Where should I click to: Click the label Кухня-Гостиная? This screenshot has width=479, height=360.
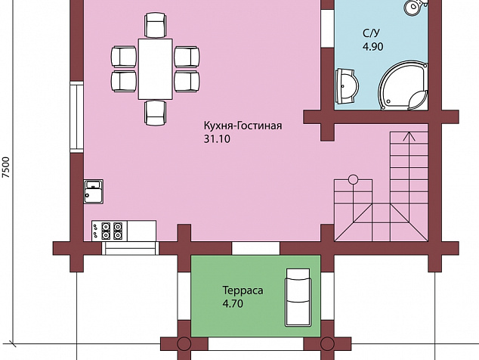tap(243, 126)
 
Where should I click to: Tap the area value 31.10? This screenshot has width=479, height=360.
tap(217, 139)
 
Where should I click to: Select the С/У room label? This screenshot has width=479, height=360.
tap(372, 33)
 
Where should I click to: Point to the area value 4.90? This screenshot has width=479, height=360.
tap(372, 47)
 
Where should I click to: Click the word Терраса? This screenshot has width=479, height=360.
tap(243, 290)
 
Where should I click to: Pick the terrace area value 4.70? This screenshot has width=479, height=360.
tap(233, 304)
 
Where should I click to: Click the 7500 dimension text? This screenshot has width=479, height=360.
tap(6, 167)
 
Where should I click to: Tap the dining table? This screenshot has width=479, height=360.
tap(156, 69)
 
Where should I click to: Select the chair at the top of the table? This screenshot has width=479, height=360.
tap(156, 25)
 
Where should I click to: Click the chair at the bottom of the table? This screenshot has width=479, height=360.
tap(156, 113)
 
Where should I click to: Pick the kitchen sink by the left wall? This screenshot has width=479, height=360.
tap(94, 192)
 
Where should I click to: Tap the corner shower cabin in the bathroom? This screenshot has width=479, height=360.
tap(403, 85)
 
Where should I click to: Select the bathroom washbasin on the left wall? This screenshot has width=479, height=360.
tap(347, 86)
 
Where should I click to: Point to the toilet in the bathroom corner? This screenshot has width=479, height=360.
tap(415, 7)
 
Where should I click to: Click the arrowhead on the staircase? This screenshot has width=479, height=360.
tap(409, 136)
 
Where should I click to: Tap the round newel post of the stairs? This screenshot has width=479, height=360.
tap(353, 179)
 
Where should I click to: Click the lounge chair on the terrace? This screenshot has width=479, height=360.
tap(298, 297)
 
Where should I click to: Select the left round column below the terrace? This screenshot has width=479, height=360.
tap(184, 344)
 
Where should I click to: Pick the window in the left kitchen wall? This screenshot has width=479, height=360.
tap(76, 117)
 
